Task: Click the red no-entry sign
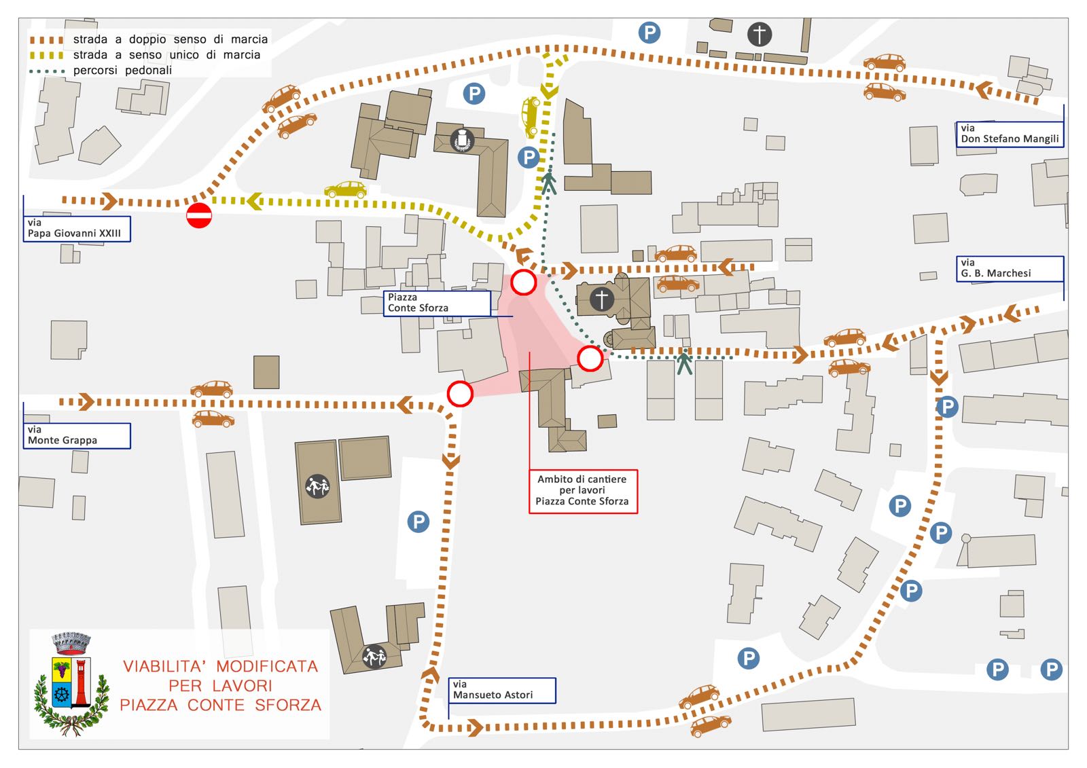(x=199, y=215)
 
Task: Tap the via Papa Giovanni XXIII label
(x=77, y=229)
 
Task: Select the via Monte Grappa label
(x=77, y=436)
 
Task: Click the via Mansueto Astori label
(x=502, y=691)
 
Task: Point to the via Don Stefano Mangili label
(x=1010, y=134)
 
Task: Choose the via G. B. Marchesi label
(x=1010, y=268)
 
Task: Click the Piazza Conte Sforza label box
(x=437, y=304)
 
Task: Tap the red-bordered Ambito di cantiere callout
(x=582, y=491)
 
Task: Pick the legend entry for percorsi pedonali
(x=101, y=71)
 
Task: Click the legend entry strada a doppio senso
(x=149, y=39)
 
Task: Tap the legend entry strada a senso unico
(x=145, y=55)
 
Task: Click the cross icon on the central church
(x=602, y=299)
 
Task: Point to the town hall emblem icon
(x=462, y=141)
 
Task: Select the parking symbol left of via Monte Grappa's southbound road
(x=418, y=522)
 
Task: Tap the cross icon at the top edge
(x=760, y=35)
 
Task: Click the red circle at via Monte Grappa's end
(x=460, y=393)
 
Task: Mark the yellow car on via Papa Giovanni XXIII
(x=346, y=189)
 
